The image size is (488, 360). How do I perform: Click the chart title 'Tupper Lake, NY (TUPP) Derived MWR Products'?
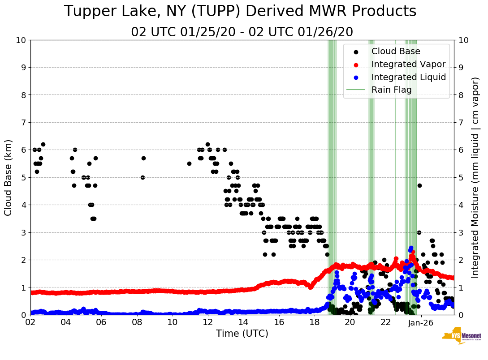[240, 11]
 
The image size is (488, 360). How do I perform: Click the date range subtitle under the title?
[242, 32]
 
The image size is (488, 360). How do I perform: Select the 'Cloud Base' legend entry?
[396, 51]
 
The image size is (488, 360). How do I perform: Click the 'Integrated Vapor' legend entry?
[408, 64]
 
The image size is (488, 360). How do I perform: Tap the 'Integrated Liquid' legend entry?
[408, 77]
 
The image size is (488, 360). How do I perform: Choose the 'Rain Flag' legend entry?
[391, 90]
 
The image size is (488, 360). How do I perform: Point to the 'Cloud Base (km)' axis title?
[9, 177]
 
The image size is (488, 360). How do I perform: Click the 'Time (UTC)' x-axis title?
[242, 334]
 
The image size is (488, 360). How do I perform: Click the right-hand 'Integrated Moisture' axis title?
[475, 177]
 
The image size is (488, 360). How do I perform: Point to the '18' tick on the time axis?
[315, 322]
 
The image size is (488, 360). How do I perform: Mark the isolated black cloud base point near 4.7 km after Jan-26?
[419, 185]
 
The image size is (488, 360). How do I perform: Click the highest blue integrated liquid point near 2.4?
[411, 248]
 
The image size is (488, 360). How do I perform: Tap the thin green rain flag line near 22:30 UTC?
[395, 179]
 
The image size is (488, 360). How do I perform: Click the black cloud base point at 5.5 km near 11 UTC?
[189, 163]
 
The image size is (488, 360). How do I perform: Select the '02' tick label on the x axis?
[30, 322]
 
